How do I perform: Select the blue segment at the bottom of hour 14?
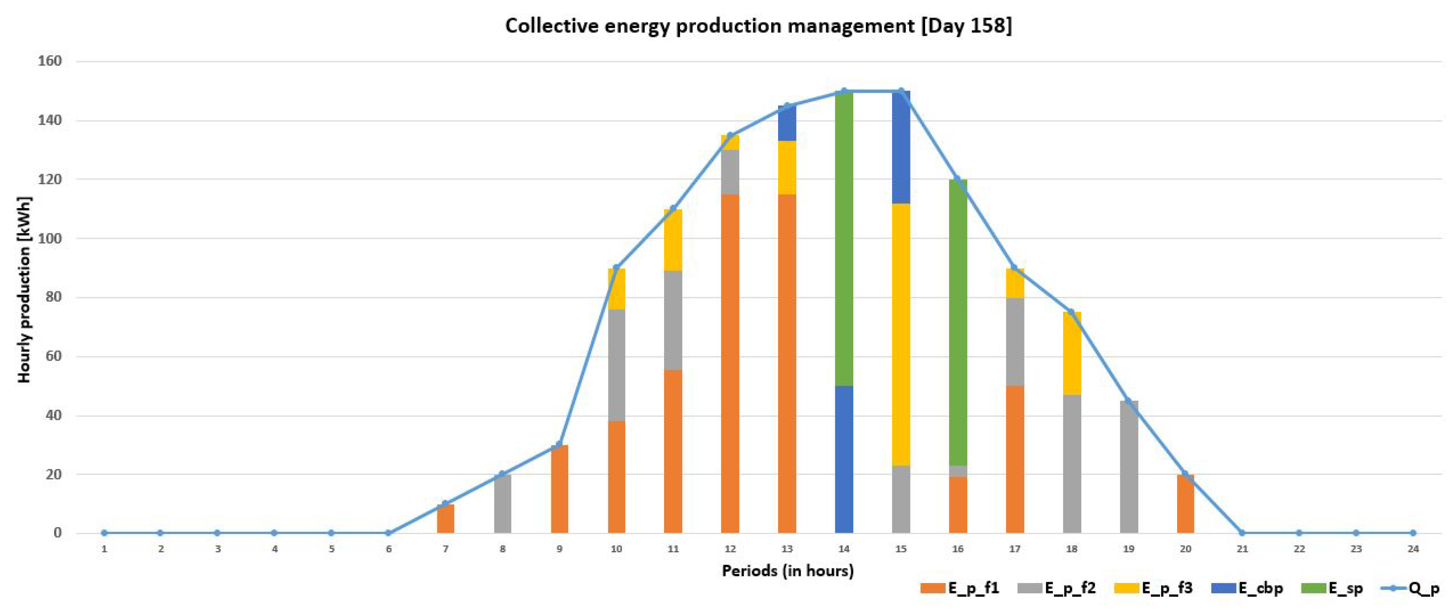844,459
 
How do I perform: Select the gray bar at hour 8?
502,503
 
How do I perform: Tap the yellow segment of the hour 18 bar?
1071,353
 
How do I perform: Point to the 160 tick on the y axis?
49,61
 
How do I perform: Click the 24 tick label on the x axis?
1412,549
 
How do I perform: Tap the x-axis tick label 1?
104,549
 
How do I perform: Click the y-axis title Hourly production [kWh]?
24,290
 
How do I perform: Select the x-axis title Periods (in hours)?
788,571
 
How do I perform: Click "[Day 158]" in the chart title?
966,26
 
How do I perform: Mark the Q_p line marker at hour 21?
1242,533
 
